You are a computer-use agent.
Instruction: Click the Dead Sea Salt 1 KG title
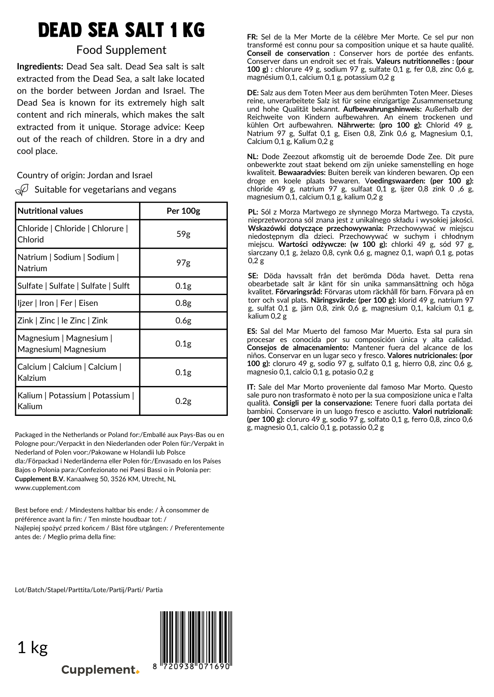pyautogui.click(x=122, y=30)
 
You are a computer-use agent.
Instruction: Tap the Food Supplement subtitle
pyautogui.click(x=122, y=50)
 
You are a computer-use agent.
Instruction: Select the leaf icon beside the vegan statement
pyautogui.click(x=22, y=189)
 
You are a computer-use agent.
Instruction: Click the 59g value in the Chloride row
pyautogui.click(x=183, y=234)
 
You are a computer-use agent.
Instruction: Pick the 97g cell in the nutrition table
pyautogui.click(x=183, y=263)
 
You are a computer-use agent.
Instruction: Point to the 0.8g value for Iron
pyautogui.click(x=183, y=303)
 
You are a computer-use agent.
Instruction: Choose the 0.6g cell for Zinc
pyautogui.click(x=183, y=321)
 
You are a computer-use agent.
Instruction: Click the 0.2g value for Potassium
pyautogui.click(x=183, y=401)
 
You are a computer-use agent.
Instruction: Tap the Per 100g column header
pyautogui.click(x=183, y=211)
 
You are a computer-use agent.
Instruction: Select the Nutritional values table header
pyautogui.click(x=51, y=211)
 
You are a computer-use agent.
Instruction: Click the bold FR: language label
pyautogui.click(x=252, y=37)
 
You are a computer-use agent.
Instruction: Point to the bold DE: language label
pyautogui.click(x=253, y=93)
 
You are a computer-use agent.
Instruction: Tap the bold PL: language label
pyautogui.click(x=253, y=212)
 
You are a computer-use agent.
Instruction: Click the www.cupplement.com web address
pyautogui.click(x=48, y=488)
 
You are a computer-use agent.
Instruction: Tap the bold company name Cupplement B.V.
pyautogui.click(x=40, y=479)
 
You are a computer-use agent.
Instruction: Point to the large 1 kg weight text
pyautogui.click(x=33, y=648)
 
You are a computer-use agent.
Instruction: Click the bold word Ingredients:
pyautogui.click(x=40, y=67)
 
